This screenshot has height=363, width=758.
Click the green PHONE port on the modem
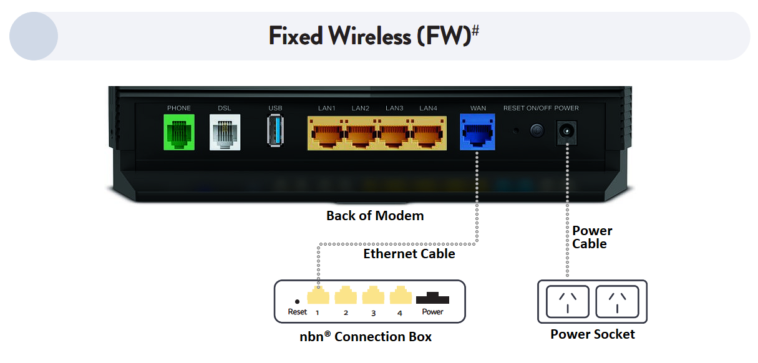click(x=179, y=132)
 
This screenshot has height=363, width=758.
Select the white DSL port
click(x=224, y=132)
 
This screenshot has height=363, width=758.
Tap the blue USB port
click(x=275, y=132)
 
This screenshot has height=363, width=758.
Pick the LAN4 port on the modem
click(x=429, y=133)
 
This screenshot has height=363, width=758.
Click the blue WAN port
click(x=478, y=132)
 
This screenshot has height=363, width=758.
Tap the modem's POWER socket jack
click(x=566, y=132)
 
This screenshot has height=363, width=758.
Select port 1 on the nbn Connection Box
click(x=318, y=295)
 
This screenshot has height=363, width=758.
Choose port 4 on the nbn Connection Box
click(x=400, y=295)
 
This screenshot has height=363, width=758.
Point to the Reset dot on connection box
click(x=297, y=301)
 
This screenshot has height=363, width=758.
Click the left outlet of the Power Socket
click(x=567, y=301)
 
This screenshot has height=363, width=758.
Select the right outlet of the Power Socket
click(x=617, y=301)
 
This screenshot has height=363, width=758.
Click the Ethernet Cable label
click(x=409, y=254)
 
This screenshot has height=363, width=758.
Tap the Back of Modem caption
click(x=375, y=216)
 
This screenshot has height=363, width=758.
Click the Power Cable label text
click(x=592, y=237)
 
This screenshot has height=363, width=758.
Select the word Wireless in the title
click(x=370, y=36)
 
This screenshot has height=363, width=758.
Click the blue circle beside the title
click(x=34, y=36)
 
